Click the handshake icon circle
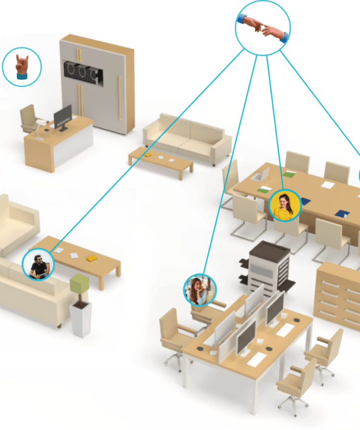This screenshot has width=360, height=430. tap(263, 27)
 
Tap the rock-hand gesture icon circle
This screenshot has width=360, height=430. tap(22, 67)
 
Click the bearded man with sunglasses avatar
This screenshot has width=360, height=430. tap(38, 264)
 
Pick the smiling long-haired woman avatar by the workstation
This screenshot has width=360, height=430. tap(200, 290)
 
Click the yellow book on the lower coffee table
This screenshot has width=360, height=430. tap(91, 259)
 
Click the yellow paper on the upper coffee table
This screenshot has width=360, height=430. tap(148, 155)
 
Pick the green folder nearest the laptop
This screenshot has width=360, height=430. tap(264, 190)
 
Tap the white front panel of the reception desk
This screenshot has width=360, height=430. tap(73, 146)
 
